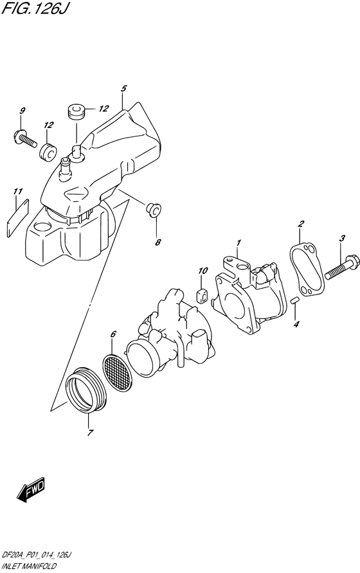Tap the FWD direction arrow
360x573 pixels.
[x=31, y=492]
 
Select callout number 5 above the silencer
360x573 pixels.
[x=123, y=88]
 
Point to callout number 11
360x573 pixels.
[x=18, y=191]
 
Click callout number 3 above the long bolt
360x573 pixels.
[x=343, y=239]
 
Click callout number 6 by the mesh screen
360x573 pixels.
[x=113, y=334]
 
